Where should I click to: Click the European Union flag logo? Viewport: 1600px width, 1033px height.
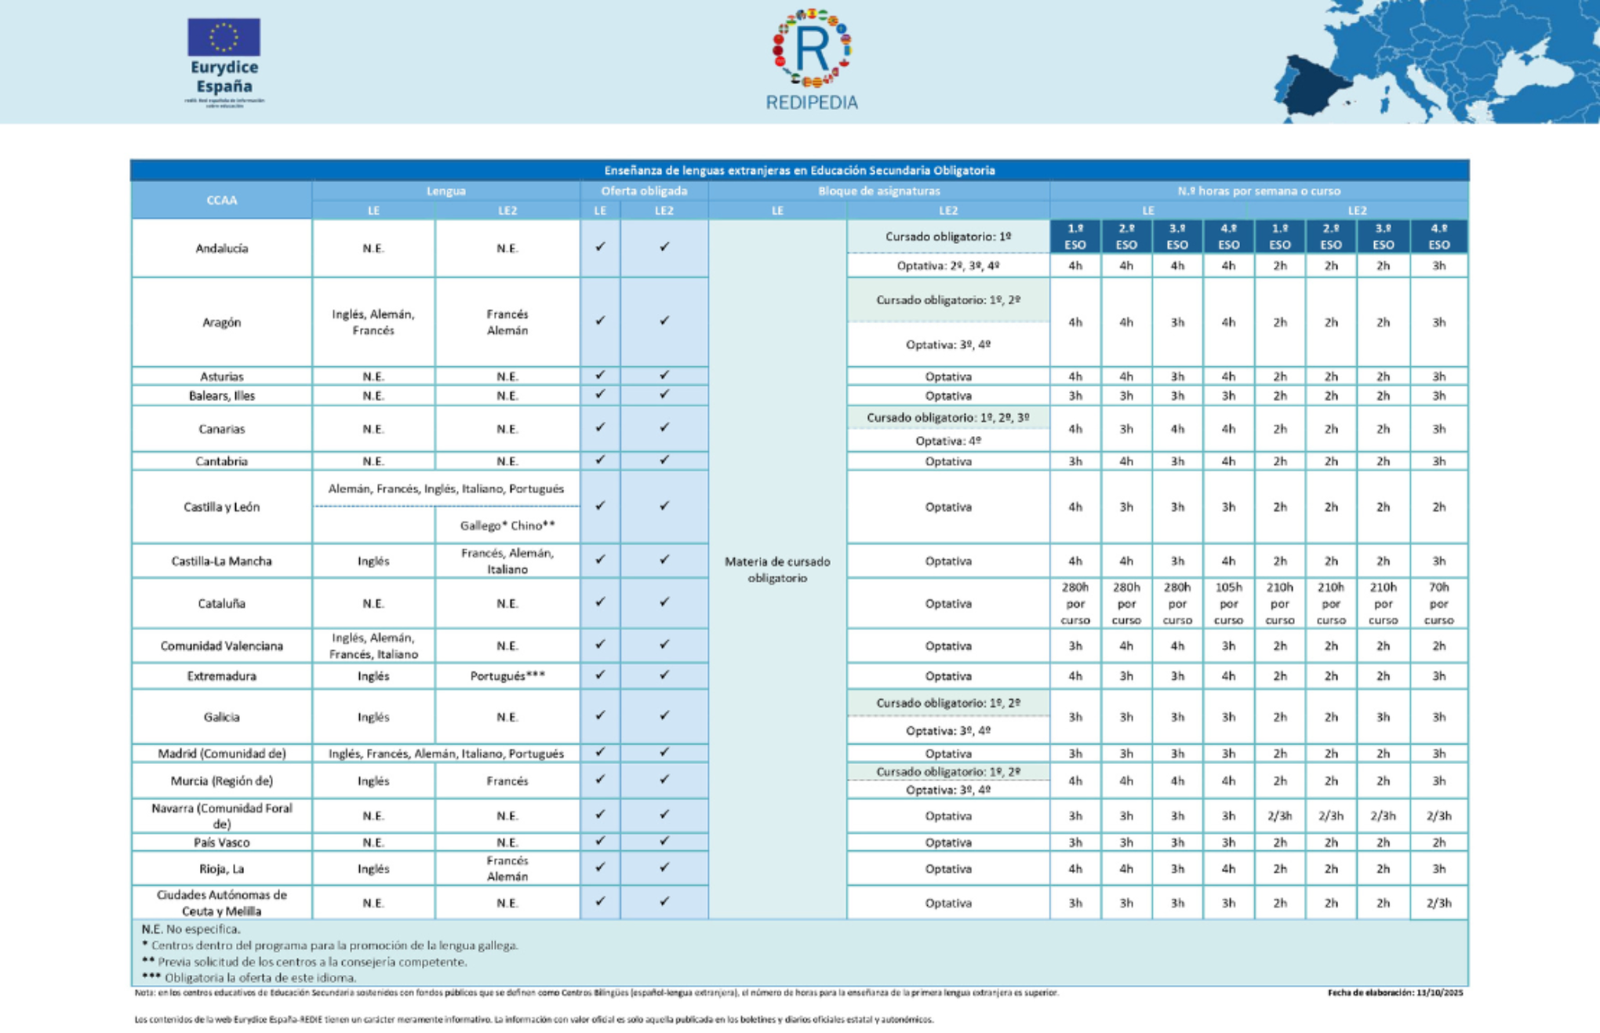pyautogui.click(x=224, y=37)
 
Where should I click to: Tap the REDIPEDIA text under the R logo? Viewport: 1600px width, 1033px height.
pyautogui.click(x=812, y=103)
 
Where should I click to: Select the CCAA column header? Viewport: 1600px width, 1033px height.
pyautogui.click(x=221, y=200)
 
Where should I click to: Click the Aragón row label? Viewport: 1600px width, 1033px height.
pyautogui.click(x=221, y=322)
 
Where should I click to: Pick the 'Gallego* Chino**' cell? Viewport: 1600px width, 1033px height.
pyautogui.click(x=507, y=526)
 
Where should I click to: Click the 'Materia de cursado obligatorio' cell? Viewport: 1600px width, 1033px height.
pyautogui.click(x=777, y=569)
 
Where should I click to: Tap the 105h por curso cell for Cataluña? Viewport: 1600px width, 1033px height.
pyautogui.click(x=1228, y=603)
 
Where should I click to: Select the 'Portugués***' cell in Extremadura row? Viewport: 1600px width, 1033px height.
pyautogui.click(x=507, y=676)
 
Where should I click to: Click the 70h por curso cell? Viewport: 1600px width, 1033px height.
pyautogui.click(x=1438, y=603)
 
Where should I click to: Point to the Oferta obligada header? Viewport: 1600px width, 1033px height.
pyautogui.click(x=644, y=191)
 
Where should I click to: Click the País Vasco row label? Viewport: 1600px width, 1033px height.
pyautogui.click(x=221, y=842)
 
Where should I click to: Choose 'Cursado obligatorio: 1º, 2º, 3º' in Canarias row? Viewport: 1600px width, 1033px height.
pyautogui.click(x=947, y=417)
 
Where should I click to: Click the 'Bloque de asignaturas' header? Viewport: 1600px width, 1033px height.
pyautogui.click(x=878, y=191)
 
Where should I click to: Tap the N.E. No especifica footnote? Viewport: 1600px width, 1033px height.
pyautogui.click(x=191, y=929)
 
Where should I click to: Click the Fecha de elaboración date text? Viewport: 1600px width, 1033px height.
pyautogui.click(x=1395, y=993)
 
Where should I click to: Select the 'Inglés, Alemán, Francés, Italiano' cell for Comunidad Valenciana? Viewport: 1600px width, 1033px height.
pyautogui.click(x=373, y=646)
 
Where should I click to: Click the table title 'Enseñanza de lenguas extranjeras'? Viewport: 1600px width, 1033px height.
pyautogui.click(x=799, y=170)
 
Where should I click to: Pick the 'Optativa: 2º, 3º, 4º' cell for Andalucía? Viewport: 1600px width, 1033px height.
pyautogui.click(x=947, y=266)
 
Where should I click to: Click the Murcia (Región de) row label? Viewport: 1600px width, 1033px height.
pyautogui.click(x=221, y=781)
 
